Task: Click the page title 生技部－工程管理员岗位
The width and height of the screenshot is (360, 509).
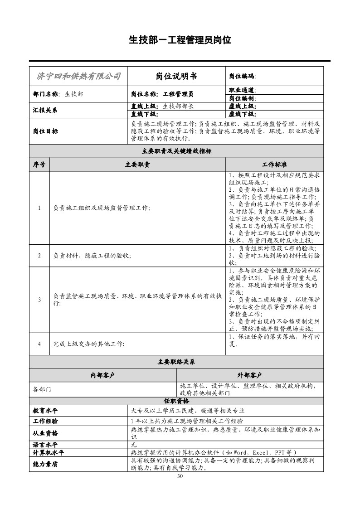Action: coord(180,40)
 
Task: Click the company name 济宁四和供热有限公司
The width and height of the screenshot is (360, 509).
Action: coord(78,76)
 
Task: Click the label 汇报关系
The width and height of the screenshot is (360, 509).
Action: coord(45,110)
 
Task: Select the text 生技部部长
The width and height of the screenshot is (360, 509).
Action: coord(178,106)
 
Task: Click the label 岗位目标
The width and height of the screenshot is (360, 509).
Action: coord(45,131)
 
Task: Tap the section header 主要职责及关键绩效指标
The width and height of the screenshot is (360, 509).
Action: coord(176,151)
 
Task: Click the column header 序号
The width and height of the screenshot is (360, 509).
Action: coord(39,165)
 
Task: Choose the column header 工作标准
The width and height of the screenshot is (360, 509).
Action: coord(274,165)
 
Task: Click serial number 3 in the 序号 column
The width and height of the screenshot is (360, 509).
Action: coord(39,300)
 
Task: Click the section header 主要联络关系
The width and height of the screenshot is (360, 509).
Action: coord(176,362)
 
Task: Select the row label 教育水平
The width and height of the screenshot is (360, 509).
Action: coord(45,411)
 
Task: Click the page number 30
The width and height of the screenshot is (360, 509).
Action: coord(180,476)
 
